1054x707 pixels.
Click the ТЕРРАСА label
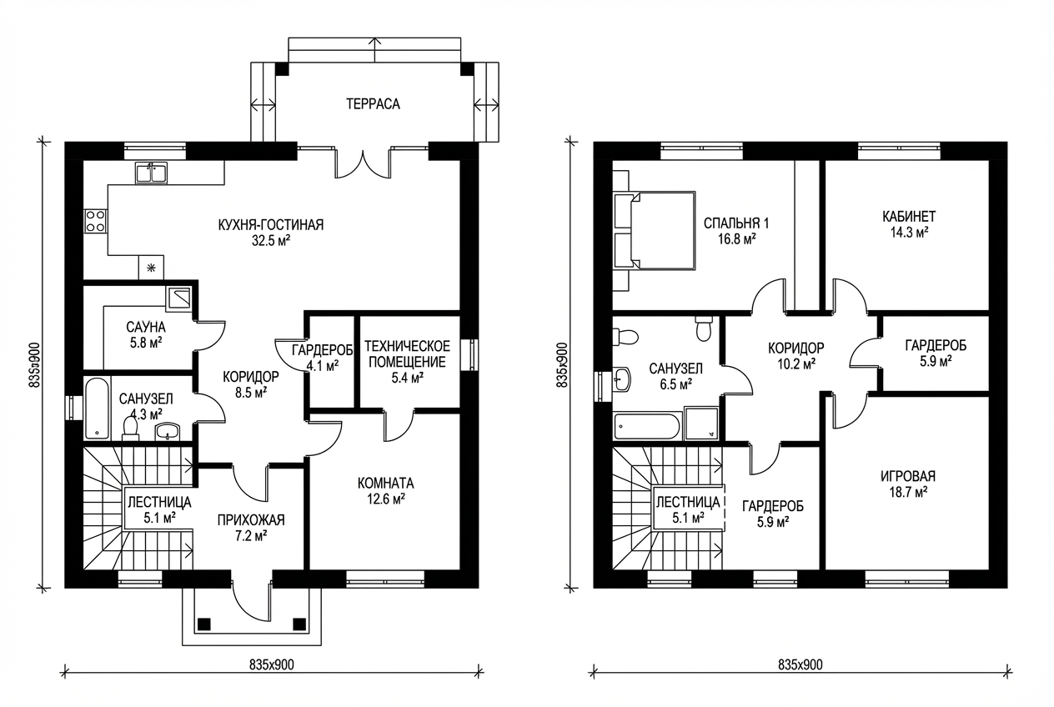[x=373, y=104]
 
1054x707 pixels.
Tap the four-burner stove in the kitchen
[x=96, y=221]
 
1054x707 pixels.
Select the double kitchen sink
[x=151, y=173]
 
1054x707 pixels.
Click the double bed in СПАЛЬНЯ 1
[x=655, y=230]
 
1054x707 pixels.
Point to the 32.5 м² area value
[x=270, y=241]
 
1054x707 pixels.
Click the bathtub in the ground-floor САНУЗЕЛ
[x=97, y=409]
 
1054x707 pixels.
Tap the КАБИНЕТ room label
[x=909, y=217]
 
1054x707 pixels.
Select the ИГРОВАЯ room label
[x=908, y=476]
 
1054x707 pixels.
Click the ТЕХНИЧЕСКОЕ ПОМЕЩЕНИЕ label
[x=407, y=354]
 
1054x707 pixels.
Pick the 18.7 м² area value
[x=908, y=492]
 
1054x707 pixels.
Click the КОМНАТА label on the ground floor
[x=386, y=483]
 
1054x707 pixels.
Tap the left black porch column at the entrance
[x=204, y=624]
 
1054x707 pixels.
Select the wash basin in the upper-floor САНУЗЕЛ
[x=622, y=379]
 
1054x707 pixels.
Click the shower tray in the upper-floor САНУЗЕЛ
[x=701, y=424]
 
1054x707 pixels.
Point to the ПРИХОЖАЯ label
[x=251, y=519]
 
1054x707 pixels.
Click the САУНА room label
[x=146, y=327]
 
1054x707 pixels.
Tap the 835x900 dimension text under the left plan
[x=272, y=664]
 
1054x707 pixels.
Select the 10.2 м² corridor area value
[x=796, y=364]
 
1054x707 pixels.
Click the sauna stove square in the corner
[x=178, y=298]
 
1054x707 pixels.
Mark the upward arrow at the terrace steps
[x=375, y=50]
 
